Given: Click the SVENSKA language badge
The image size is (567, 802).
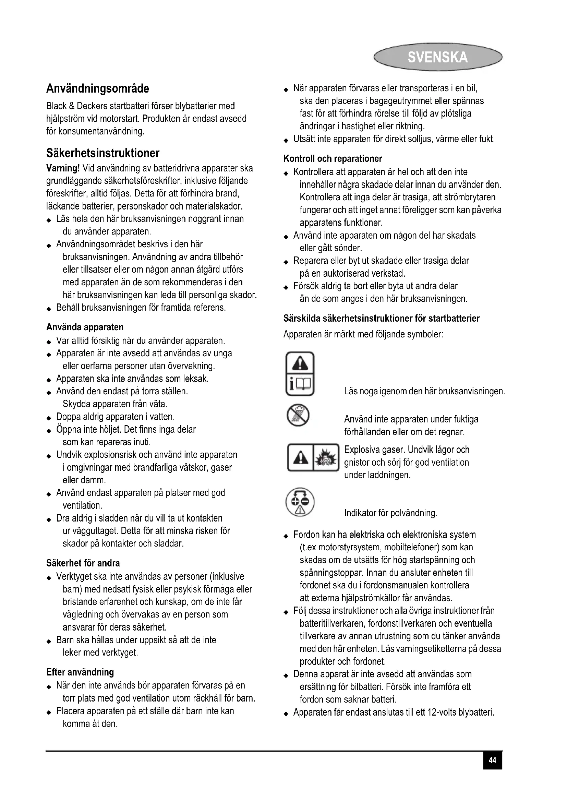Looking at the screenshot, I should click(x=437, y=57).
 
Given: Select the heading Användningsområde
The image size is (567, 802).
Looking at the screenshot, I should click(x=98, y=89).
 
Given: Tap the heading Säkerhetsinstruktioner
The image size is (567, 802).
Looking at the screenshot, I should click(x=103, y=153).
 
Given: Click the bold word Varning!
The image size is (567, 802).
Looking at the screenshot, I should click(x=63, y=168).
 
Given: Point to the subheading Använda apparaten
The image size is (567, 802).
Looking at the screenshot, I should click(x=85, y=327).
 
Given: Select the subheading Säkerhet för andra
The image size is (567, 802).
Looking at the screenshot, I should click(x=83, y=563).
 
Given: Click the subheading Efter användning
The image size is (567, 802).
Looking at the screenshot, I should click(x=80, y=672).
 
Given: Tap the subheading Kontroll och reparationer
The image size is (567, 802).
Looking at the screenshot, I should click(x=333, y=159).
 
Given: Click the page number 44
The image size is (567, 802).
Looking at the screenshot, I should click(x=492, y=760).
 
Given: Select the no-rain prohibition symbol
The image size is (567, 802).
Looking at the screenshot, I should click(x=298, y=415).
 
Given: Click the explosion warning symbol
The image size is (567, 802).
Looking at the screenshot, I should click(x=327, y=458).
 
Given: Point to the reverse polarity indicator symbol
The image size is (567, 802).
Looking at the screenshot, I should click(x=300, y=502).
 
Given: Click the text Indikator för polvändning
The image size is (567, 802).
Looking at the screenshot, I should click(x=391, y=513).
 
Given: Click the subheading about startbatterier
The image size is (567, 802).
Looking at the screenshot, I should click(x=381, y=319).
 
